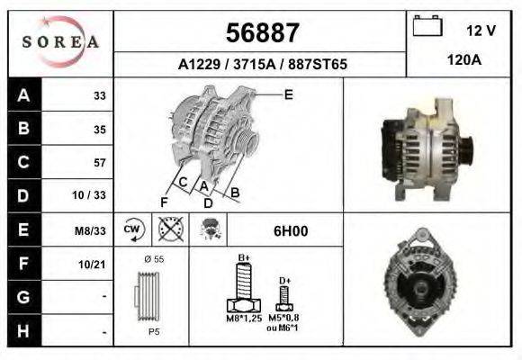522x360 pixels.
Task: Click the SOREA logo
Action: (x=60, y=42)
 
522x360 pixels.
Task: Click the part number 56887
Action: (x=262, y=33)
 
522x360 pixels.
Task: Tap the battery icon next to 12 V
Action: (x=426, y=28)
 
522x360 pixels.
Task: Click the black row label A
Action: (x=23, y=94)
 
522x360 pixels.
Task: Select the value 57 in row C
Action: (x=99, y=163)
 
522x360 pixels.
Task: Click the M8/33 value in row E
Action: (x=91, y=230)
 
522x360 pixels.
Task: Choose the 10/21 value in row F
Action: (x=94, y=264)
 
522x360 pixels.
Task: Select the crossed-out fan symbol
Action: (x=168, y=230)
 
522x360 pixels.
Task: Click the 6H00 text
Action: (x=290, y=231)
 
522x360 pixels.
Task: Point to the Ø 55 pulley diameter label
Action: (x=153, y=260)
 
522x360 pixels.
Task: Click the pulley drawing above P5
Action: (x=152, y=297)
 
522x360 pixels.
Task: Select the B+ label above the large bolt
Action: (x=243, y=259)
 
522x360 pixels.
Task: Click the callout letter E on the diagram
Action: (x=288, y=94)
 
